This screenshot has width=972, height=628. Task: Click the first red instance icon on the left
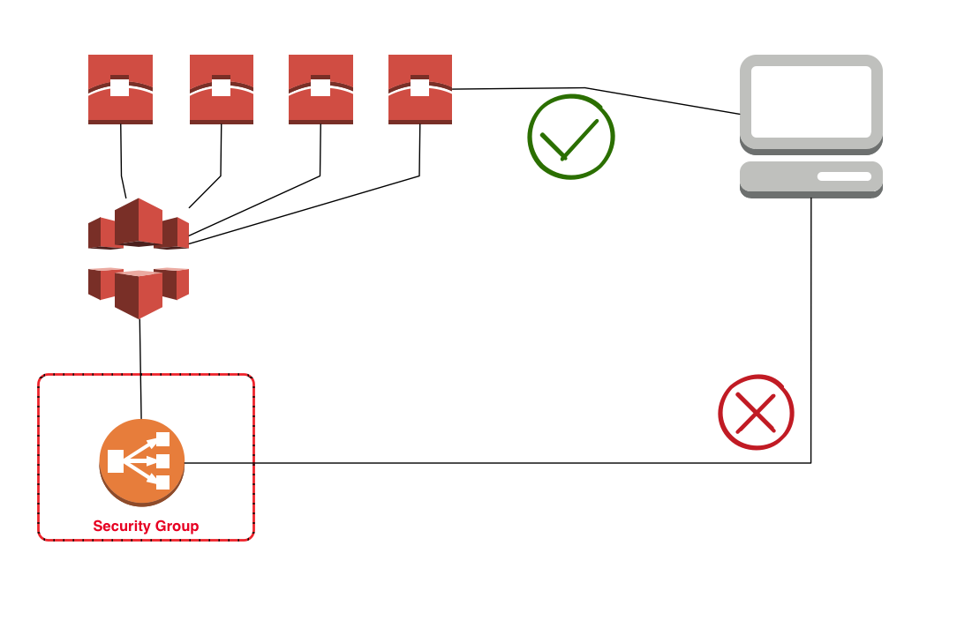click(120, 89)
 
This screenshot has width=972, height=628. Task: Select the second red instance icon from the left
click(222, 89)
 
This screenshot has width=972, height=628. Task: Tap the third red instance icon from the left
click(320, 89)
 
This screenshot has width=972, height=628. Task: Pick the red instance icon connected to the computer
click(420, 89)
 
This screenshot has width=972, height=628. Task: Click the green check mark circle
click(571, 137)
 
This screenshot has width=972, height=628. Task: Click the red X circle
click(756, 413)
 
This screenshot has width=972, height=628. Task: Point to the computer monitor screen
click(810, 101)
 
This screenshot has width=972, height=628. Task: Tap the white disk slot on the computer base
click(844, 176)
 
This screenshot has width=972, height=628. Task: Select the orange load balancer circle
click(141, 462)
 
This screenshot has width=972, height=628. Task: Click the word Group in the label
click(177, 527)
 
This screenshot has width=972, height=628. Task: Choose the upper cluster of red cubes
click(139, 224)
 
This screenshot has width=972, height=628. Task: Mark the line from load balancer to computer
click(494, 462)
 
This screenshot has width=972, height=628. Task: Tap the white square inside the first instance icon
click(120, 87)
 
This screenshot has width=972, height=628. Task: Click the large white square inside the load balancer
click(116, 461)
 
